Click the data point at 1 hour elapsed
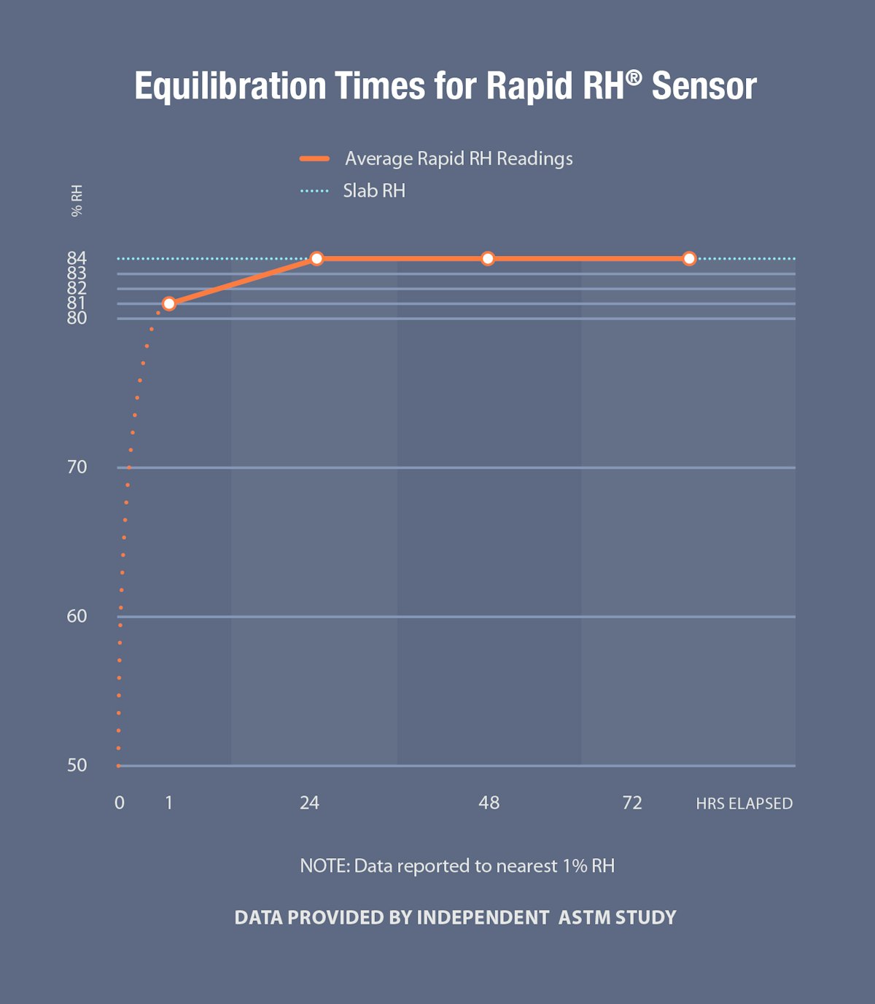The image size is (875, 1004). coord(169,303)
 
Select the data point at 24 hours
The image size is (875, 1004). coord(316,258)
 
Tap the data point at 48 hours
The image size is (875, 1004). coord(488,258)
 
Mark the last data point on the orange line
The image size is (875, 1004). coord(689,258)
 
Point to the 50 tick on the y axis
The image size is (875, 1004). coord(77,765)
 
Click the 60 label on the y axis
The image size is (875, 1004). coord(77,616)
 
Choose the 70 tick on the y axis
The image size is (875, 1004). coord(77,467)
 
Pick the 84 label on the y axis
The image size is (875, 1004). coord(77,257)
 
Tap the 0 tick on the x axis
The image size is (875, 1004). coord(120,803)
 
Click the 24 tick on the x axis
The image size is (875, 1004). coord(309,803)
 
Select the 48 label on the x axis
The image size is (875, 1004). coord(489,803)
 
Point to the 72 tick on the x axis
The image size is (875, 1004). coord(632,803)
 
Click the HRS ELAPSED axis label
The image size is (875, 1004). coord(744,803)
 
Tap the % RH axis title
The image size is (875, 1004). coord(77,201)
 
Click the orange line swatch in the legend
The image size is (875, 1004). coord(314,158)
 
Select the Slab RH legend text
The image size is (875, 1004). coord(374,190)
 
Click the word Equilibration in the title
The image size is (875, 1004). coord(230,86)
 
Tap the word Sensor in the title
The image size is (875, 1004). coord(704,86)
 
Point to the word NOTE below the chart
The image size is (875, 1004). coord(324,865)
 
